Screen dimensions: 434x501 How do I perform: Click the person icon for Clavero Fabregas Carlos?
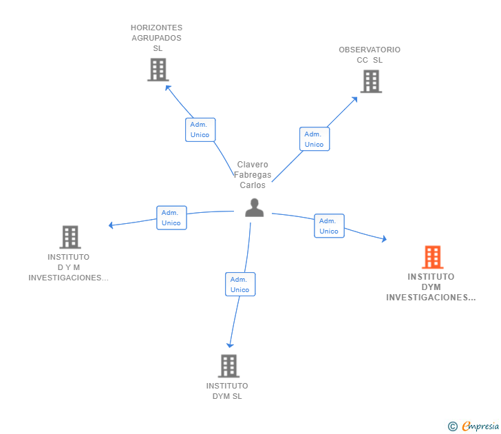point(255,207)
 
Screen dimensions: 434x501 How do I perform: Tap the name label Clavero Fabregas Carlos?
point(253,175)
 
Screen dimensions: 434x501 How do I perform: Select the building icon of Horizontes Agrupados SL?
point(158,70)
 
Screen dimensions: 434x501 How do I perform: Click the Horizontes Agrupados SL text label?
point(157,38)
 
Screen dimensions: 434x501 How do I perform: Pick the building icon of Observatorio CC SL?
point(371,81)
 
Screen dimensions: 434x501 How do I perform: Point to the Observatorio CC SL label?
point(370,54)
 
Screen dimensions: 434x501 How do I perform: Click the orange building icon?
point(432,257)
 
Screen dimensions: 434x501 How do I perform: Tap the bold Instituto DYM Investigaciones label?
point(431,287)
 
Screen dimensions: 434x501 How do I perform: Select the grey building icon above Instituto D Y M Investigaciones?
point(70,237)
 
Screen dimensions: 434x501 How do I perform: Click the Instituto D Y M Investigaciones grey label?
point(69,267)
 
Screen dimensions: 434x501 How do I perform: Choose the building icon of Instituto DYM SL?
point(229,366)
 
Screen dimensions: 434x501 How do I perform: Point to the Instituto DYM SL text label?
point(227,391)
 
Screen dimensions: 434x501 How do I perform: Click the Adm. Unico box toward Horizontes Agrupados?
point(200,130)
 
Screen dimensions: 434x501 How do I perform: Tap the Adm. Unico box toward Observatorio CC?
point(315,138)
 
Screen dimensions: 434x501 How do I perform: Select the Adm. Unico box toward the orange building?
point(329,226)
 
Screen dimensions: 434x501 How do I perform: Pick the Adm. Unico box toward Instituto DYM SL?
point(240,284)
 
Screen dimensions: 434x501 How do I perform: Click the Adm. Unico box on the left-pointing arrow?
point(171,218)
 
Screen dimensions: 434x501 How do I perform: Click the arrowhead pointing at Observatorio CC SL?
point(355,99)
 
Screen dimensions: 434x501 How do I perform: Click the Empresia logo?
point(474,426)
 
